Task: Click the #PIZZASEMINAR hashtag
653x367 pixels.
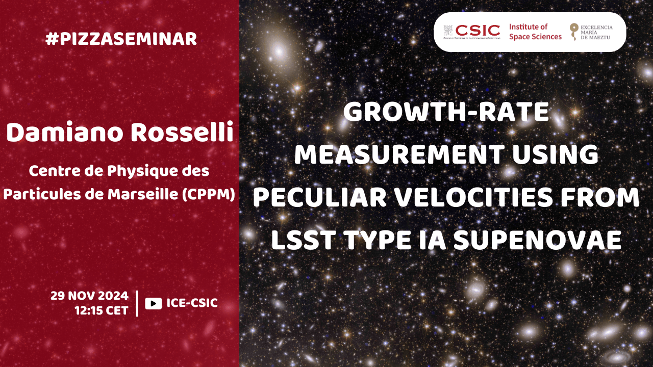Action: click(x=121, y=39)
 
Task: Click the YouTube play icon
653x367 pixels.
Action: click(x=154, y=303)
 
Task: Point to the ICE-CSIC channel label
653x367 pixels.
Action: click(x=192, y=303)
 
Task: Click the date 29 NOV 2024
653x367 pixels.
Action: click(x=89, y=296)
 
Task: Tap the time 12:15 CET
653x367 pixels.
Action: click(x=102, y=311)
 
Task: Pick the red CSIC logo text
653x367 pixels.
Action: click(x=478, y=31)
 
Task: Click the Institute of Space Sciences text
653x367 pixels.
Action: click(x=535, y=32)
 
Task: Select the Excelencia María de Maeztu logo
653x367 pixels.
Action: click(x=591, y=32)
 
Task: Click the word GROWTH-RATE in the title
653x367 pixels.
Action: click(x=446, y=112)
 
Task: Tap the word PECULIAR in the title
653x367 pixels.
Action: click(x=320, y=197)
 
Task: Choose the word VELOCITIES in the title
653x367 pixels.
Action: click(x=473, y=197)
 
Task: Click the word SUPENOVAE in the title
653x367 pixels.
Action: click(x=538, y=240)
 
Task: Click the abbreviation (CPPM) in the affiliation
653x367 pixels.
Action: click(x=209, y=195)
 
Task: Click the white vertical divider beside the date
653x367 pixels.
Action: click(x=137, y=303)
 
